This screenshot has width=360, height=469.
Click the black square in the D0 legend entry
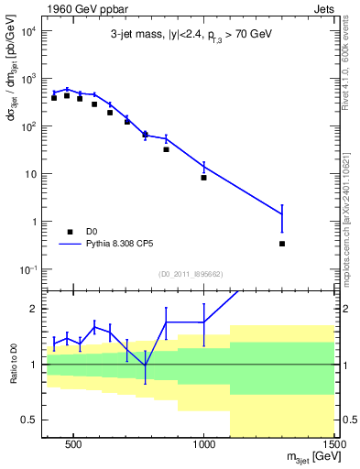click(70, 233)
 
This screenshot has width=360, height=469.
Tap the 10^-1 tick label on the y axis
click(26, 269)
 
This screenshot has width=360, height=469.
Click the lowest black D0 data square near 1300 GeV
click(282, 244)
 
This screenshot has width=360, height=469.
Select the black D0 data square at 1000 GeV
click(203, 178)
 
